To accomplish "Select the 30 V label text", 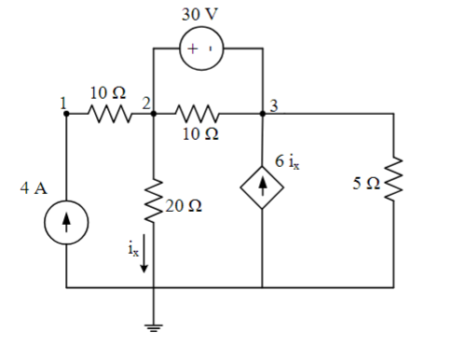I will [x=203, y=15].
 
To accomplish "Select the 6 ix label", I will [x=288, y=161].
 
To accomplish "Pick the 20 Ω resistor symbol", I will [x=152, y=201].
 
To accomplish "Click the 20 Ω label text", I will [x=180, y=204].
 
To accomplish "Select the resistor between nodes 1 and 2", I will [x=109, y=115].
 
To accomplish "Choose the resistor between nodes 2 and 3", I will [x=198, y=115].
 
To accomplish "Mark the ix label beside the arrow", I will [x=131, y=248].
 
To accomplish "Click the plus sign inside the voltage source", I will [x=193, y=50].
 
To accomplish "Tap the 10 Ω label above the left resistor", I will [x=107, y=92].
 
